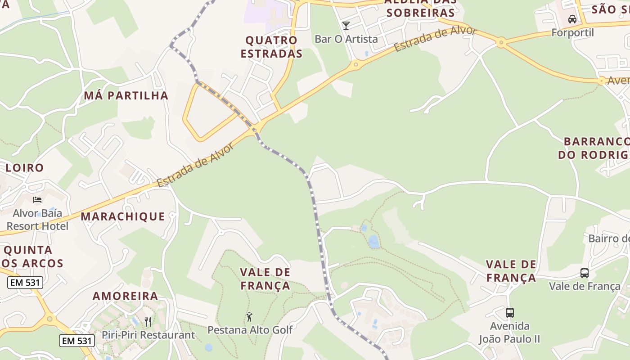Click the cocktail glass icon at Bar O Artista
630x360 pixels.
pos(346,26)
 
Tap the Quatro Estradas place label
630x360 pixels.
pos(271,47)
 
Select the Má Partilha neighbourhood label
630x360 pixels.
pos(126,95)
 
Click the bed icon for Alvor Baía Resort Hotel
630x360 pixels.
pos(37,199)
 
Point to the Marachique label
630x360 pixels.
pos(123,216)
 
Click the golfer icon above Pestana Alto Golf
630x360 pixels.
pos(249,317)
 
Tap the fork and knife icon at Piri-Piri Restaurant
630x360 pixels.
pos(148,321)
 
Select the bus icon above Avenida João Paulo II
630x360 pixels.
pos(509,312)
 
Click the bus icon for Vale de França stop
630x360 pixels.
pos(584,273)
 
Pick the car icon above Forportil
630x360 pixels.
pos(572,19)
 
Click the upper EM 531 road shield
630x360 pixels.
pos(25,283)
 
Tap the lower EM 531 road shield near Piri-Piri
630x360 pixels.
pos(77,341)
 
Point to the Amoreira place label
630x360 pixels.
pos(125,296)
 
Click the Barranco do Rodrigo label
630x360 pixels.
pos(593,148)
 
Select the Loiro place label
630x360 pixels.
pos(25,168)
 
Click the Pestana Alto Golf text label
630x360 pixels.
pos(250,330)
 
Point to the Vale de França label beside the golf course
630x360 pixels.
pos(265,279)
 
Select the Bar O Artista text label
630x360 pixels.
pos(346,39)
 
